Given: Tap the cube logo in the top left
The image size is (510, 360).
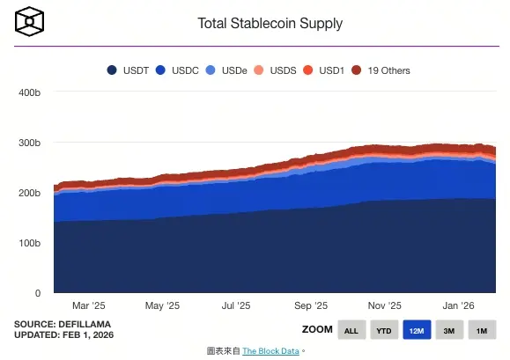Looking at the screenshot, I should coord(30,20).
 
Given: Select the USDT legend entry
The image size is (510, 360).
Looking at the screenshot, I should coord(129,70).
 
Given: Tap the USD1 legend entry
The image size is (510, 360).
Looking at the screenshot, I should coord(322,70).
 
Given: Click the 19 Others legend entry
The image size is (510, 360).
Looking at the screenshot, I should coord(381,70).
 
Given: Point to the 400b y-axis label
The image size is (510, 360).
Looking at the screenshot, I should coord(30,92).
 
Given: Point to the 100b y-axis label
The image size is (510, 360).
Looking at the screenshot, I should coord(30,243).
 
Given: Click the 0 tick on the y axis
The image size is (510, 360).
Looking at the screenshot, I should coord(38,293).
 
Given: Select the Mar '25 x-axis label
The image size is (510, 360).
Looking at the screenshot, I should coord(87,306).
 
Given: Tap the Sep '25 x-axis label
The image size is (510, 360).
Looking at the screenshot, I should coord(309,306).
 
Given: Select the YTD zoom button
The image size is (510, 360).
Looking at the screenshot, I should coord(383,331).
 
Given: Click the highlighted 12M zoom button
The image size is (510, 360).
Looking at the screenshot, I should coord(416,331).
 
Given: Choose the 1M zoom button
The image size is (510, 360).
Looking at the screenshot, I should coord(481,331).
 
